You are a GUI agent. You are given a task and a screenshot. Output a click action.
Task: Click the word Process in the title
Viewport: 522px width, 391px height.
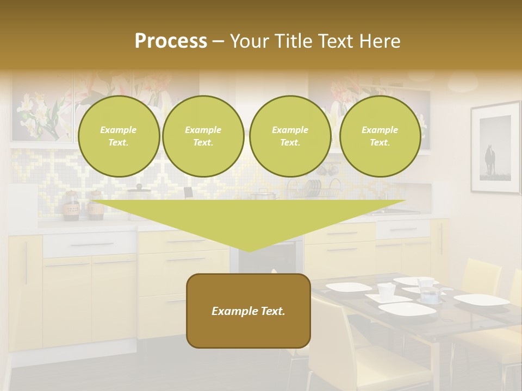pyautogui.click(x=171, y=41)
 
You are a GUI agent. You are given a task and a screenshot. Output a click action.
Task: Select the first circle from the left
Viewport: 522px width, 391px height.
pyautogui.click(x=119, y=136)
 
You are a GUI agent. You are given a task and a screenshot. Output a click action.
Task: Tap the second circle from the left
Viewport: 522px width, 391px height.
pyautogui.click(x=203, y=136)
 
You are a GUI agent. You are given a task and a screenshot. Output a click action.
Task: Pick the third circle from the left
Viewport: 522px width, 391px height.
pyautogui.click(x=290, y=136)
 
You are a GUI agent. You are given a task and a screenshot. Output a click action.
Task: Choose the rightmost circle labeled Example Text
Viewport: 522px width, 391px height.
pyautogui.click(x=380, y=136)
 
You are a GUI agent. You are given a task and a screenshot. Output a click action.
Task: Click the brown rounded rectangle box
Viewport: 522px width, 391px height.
pyautogui.click(x=248, y=311)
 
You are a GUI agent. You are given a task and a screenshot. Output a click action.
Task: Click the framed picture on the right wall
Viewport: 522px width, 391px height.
pyautogui.click(x=495, y=148)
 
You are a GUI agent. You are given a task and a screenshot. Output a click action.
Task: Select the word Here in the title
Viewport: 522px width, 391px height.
pyautogui.click(x=380, y=41)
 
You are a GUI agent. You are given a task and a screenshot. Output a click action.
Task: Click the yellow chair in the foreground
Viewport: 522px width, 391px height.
pyautogui.click(x=348, y=348)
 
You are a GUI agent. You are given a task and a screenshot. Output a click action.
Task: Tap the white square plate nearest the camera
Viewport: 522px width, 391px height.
pyautogui.click(x=407, y=309)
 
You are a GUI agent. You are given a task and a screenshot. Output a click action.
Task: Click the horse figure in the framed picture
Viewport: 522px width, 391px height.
pyautogui.click(x=490, y=159)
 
